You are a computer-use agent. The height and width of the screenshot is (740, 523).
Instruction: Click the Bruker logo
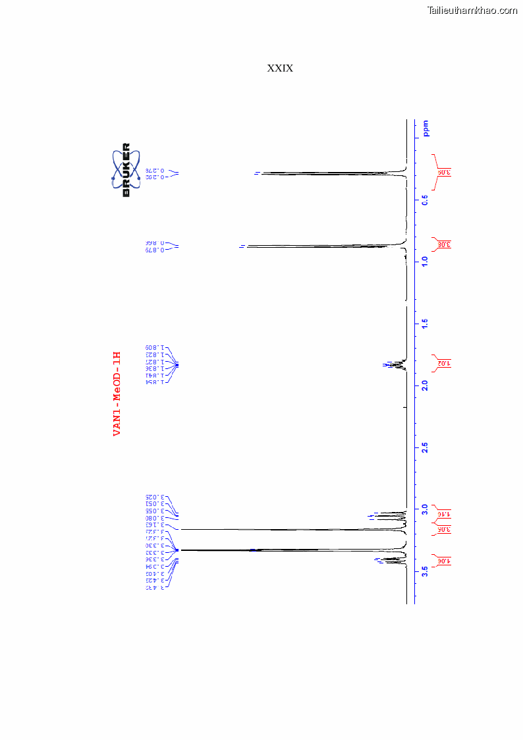pos(126,170)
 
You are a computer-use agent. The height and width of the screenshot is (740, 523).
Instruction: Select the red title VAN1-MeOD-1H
pos(117,393)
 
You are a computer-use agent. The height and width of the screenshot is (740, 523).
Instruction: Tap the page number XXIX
pos(280,69)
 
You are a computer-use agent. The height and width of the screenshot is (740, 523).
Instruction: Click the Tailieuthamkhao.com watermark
pos(472,11)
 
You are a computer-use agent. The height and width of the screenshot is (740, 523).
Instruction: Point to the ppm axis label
pos(426,128)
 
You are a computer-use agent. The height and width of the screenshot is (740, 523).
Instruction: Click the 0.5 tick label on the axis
pos(426,199)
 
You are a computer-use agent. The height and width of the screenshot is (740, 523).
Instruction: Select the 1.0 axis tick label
pos(426,261)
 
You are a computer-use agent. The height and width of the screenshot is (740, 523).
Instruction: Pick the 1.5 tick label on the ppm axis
pos(426,324)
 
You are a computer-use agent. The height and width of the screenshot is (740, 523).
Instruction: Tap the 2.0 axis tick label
pos(426,385)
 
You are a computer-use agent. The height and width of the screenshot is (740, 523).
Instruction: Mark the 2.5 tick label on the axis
pos(426,447)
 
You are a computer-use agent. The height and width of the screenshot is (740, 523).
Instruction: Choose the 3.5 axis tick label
pos(426,571)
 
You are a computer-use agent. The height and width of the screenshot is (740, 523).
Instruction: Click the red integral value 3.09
pos(443,173)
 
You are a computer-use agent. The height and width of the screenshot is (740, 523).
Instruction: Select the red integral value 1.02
pos(443,363)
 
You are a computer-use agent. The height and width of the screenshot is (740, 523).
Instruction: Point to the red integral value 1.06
pos(443,561)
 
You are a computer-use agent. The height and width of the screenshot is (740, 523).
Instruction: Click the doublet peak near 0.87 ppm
pos(323,246)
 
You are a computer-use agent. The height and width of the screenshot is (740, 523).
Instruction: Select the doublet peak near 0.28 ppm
pos(329,173)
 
